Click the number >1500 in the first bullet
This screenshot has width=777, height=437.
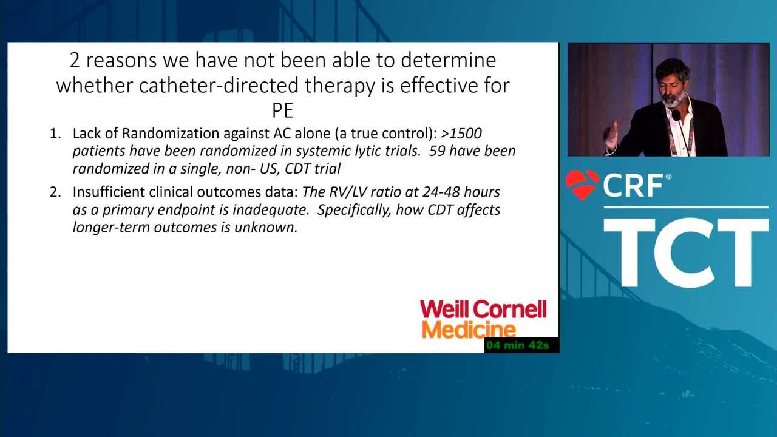[x=461, y=133]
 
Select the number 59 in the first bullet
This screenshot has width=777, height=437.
[x=436, y=151]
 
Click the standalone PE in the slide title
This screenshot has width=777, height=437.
[x=283, y=110]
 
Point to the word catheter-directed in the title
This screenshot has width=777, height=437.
[x=219, y=86]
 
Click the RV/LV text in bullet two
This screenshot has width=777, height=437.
[x=348, y=192]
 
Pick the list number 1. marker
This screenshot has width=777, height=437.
[x=55, y=134]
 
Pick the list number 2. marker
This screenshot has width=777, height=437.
[x=55, y=192]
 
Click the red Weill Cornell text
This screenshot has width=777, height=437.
[x=484, y=309]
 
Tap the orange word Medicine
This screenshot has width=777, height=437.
[x=469, y=330]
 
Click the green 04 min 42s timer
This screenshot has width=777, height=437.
[x=518, y=345]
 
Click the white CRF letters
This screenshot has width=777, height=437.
[x=633, y=186]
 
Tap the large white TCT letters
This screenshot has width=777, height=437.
[x=686, y=252]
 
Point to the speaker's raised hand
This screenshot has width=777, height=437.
[x=611, y=135]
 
